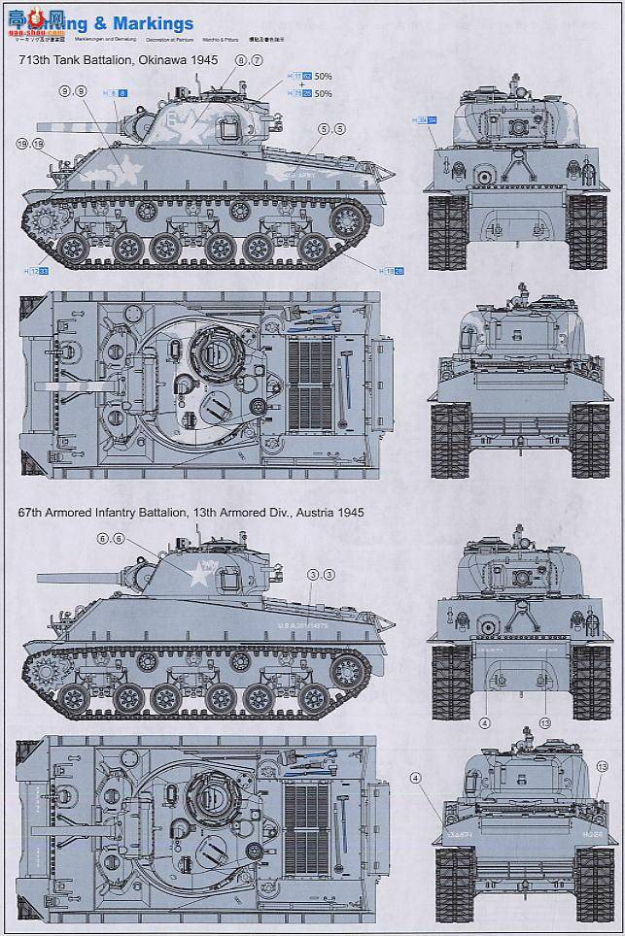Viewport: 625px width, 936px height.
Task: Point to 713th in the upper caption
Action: (x=35, y=60)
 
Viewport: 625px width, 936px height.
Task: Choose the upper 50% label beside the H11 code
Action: (x=323, y=75)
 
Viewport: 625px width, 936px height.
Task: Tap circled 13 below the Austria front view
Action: (x=544, y=722)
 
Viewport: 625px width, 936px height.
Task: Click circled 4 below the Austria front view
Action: (x=483, y=722)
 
